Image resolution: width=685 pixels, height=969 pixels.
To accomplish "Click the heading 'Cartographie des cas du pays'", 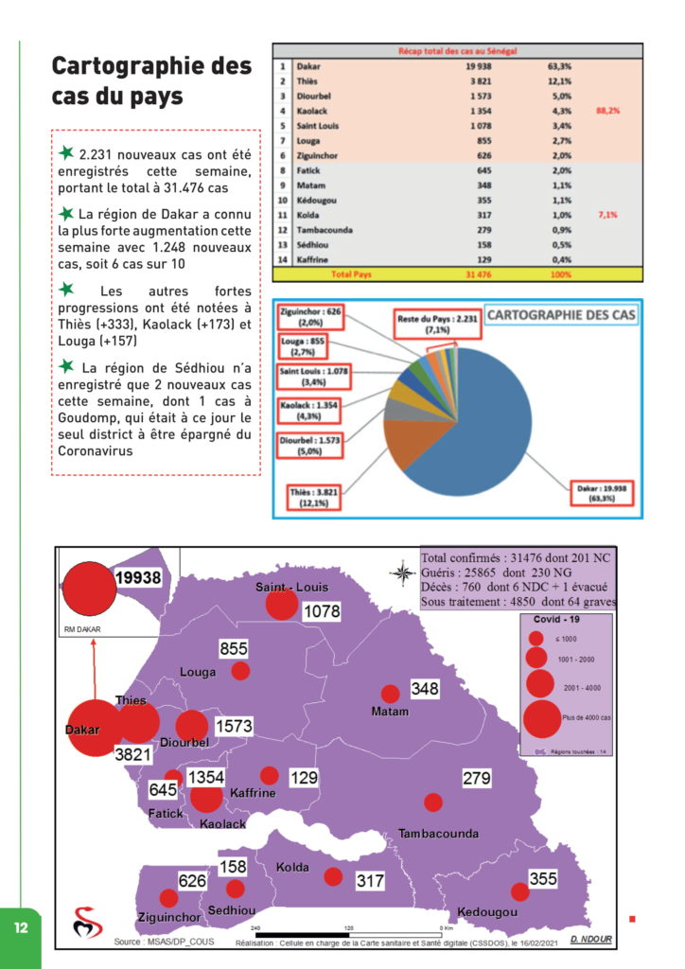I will pos(151,81).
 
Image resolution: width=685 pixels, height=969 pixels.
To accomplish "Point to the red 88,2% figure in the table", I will pos(607,110).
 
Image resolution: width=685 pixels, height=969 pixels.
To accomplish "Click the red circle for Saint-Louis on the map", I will pos(281,604).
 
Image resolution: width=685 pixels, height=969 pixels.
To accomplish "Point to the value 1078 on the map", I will pos(321,612).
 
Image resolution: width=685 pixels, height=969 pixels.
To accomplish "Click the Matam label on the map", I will pos(390,712).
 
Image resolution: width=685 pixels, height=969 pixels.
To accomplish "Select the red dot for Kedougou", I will pos(519,891).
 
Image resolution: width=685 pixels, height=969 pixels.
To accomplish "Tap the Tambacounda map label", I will pos(438,834).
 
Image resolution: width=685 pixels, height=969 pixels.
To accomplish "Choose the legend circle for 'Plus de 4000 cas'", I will pos(541,717).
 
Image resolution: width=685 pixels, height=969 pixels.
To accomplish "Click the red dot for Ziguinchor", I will pos(168,898).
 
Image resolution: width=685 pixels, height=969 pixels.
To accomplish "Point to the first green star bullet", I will pos(65,152).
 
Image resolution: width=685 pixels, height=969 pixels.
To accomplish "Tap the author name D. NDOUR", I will pos(592,940).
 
